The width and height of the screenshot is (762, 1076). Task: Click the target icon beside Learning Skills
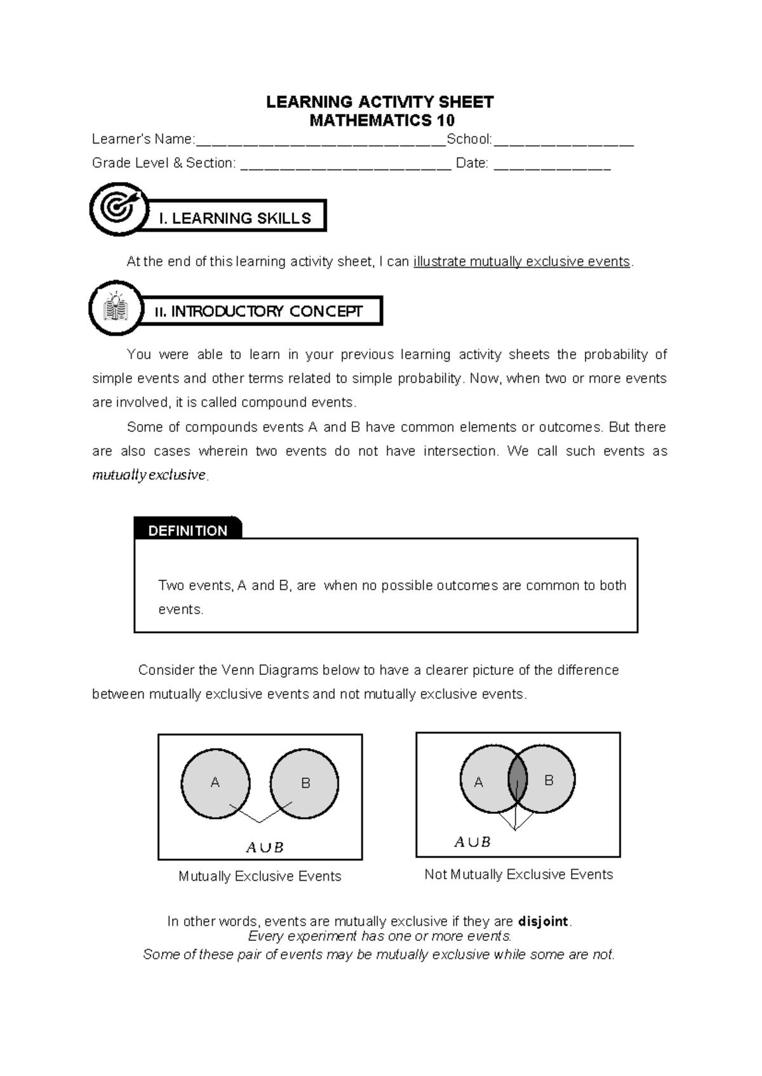point(119,209)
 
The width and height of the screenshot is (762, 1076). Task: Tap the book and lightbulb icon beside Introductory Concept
point(116,308)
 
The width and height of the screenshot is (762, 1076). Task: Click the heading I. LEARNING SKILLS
point(235,218)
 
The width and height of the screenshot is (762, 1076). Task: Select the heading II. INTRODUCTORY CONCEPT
point(258,312)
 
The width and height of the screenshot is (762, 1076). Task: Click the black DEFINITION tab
point(187,530)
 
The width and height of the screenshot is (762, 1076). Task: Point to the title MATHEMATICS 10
point(382,121)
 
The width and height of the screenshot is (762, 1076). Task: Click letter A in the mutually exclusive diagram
point(215,783)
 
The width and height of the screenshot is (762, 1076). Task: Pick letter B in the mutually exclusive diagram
point(305,784)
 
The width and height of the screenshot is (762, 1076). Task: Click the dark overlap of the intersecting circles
point(518,780)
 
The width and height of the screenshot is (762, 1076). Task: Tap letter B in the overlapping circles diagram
point(549,780)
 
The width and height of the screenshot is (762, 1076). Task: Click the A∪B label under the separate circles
point(264,848)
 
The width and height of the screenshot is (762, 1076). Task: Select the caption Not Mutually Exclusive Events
point(518,874)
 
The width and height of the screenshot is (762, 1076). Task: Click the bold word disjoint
point(544,921)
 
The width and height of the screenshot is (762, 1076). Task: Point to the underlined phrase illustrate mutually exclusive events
point(522,261)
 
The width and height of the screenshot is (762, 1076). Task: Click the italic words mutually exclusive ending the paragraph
point(149,475)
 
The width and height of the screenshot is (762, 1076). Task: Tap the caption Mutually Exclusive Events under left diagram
point(260,876)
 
